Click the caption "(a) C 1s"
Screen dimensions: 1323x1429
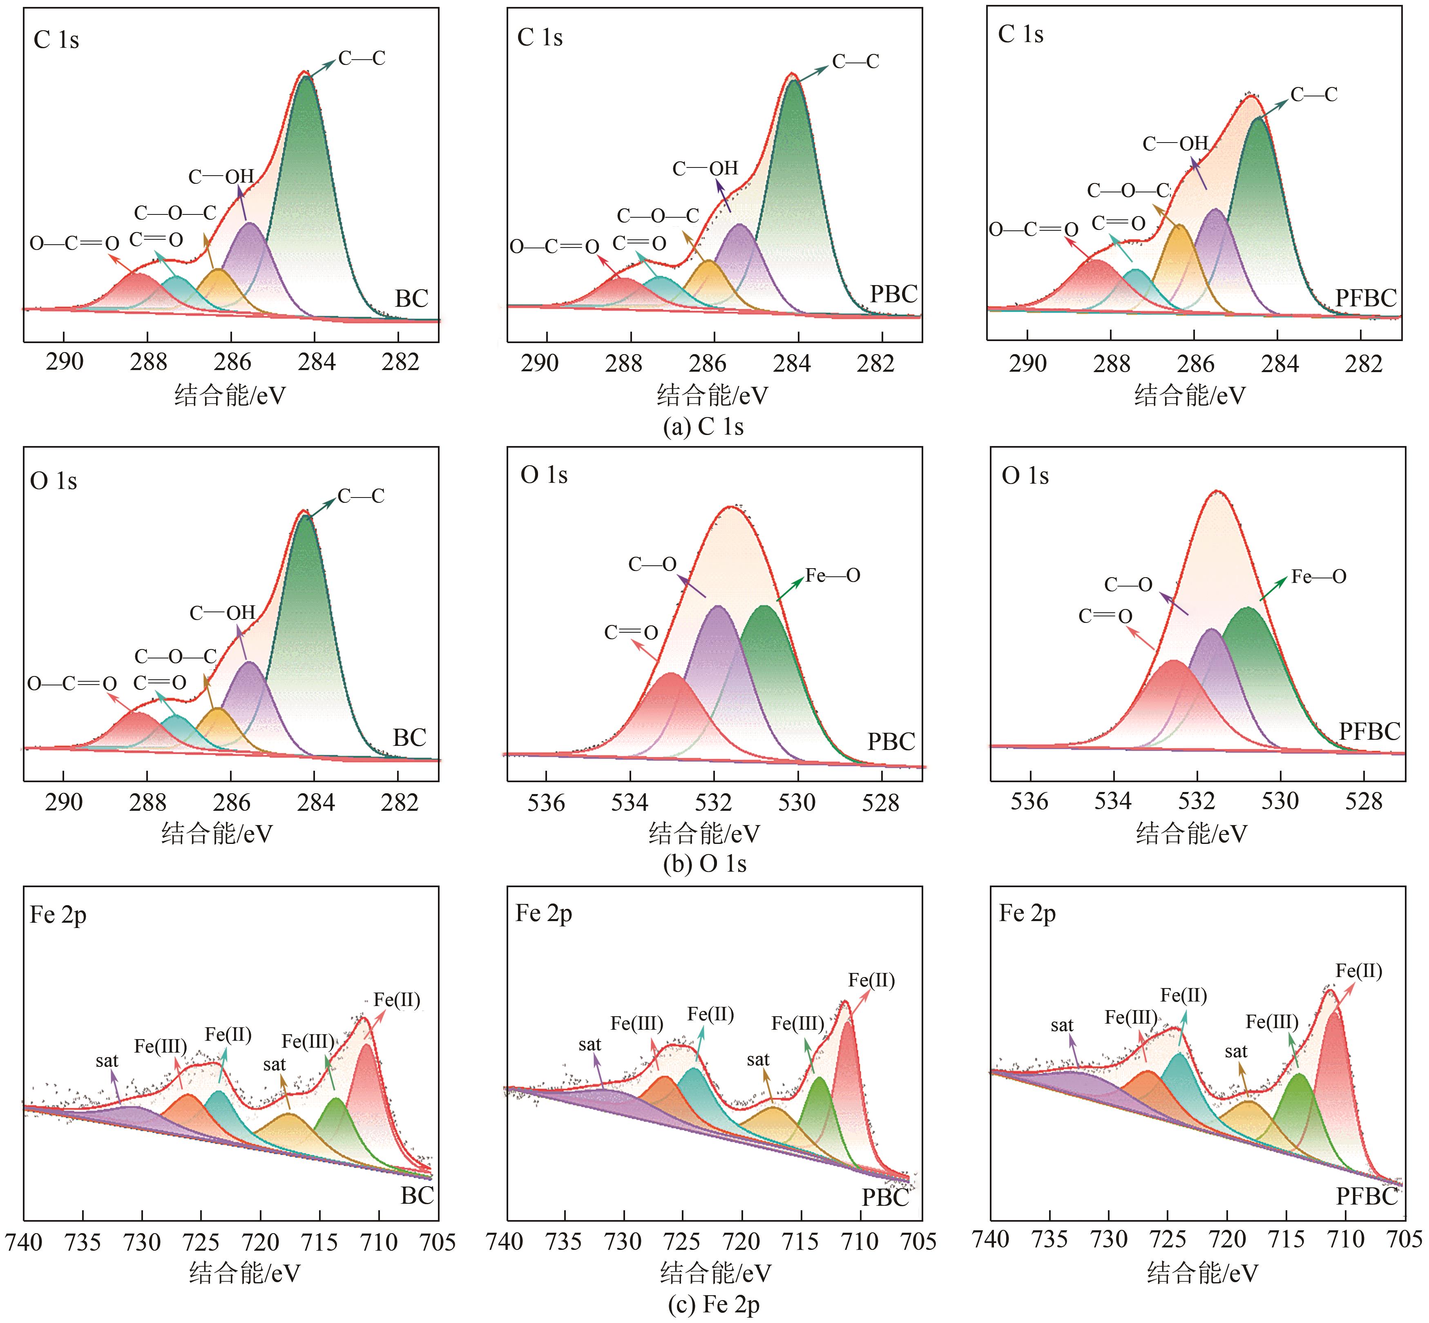coord(704,427)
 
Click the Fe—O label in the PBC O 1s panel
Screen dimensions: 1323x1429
coord(833,576)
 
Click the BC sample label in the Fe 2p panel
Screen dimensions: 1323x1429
coord(418,1196)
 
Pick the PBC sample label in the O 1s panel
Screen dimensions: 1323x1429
coord(891,742)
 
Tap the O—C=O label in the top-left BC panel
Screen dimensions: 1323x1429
coord(74,244)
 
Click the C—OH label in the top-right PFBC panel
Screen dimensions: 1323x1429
coord(1175,144)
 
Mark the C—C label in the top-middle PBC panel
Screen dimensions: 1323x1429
coord(855,62)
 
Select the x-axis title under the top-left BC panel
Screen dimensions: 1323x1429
coord(230,395)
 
